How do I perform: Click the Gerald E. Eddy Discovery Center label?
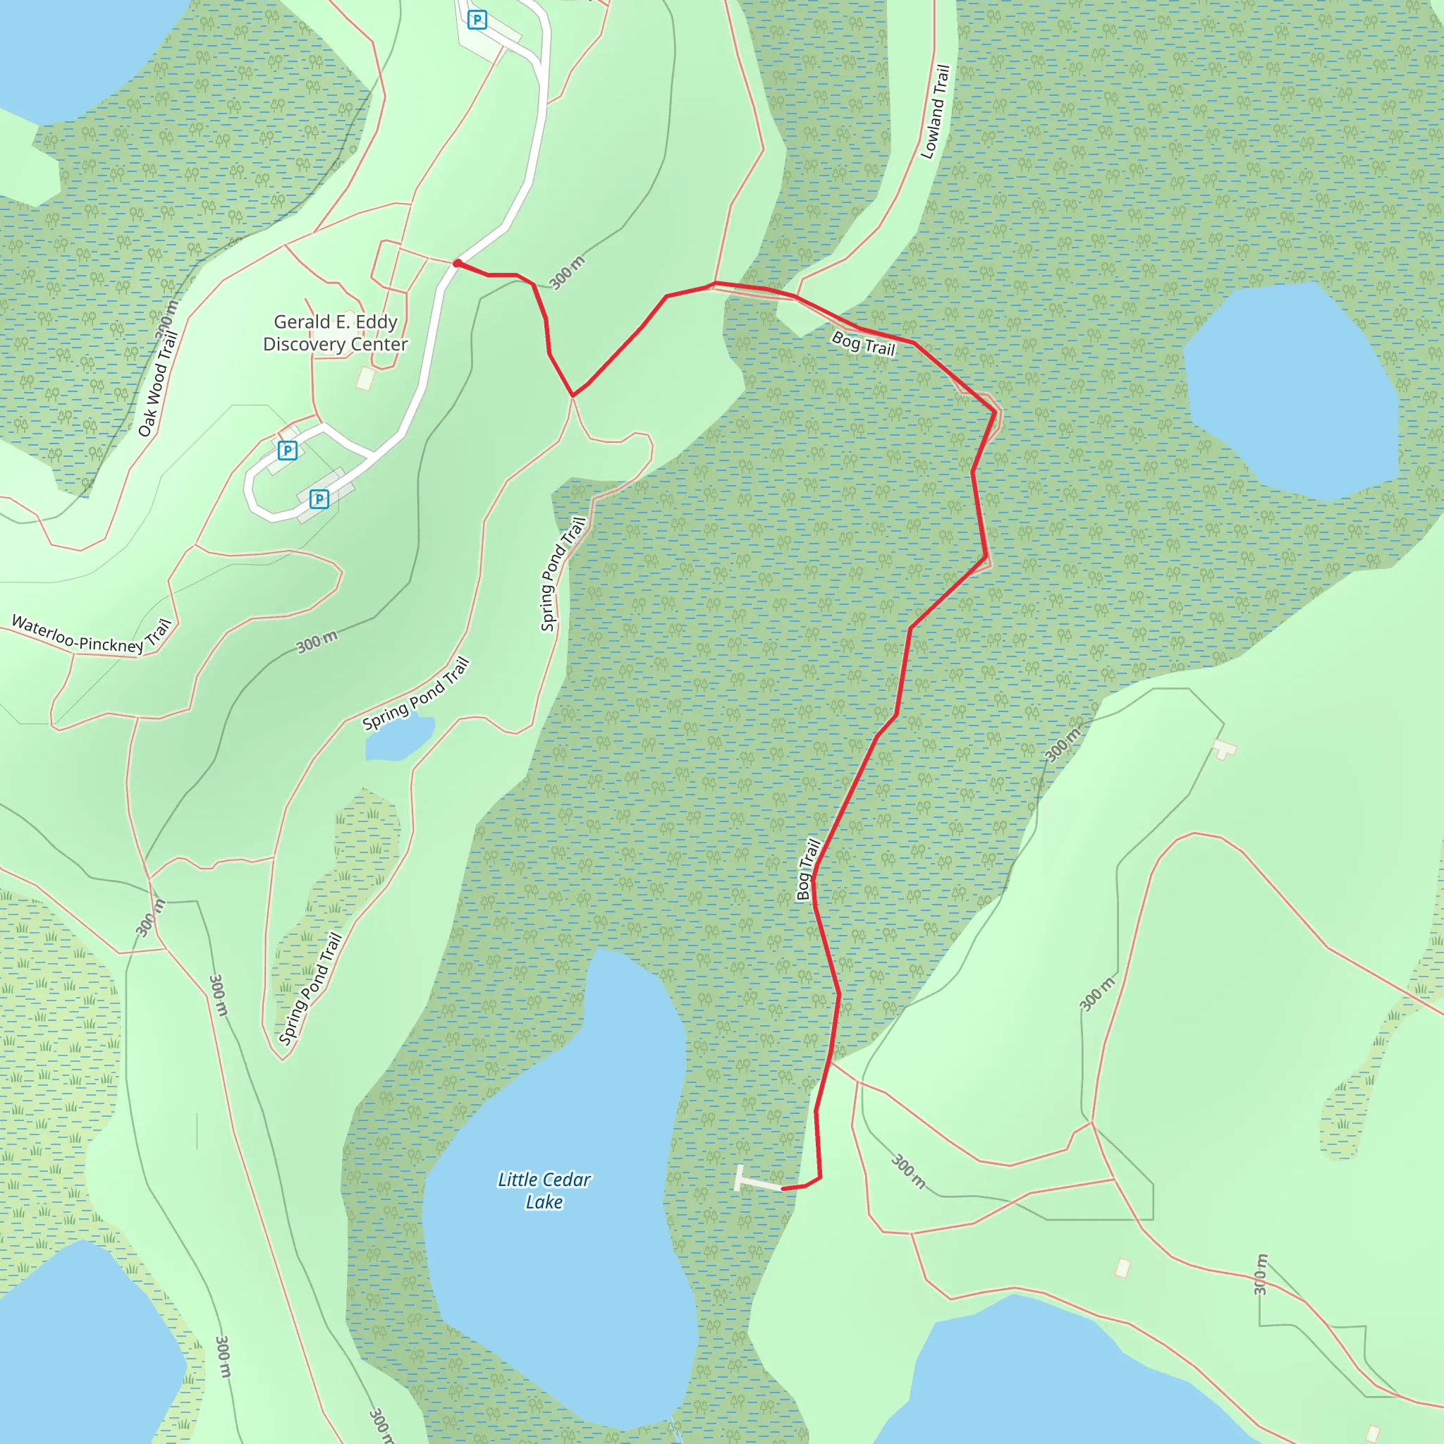tap(336, 333)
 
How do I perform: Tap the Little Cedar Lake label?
tap(544, 1190)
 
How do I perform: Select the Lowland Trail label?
tap(935, 112)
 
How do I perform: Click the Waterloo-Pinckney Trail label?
tap(91, 635)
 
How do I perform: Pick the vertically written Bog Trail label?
tap(808, 869)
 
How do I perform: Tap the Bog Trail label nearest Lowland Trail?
tap(863, 345)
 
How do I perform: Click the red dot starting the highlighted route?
tap(457, 263)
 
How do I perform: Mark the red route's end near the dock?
tap(783, 1188)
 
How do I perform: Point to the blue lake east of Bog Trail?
tap(1292, 389)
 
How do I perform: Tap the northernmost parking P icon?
tap(477, 20)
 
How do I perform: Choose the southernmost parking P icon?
tap(319, 498)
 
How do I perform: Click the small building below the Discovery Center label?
tap(365, 378)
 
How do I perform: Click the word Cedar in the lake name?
tap(565, 1180)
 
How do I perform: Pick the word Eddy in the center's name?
tap(376, 322)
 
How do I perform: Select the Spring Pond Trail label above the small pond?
tap(416, 694)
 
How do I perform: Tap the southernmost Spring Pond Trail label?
tap(310, 988)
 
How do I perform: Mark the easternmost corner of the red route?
tap(996, 412)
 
